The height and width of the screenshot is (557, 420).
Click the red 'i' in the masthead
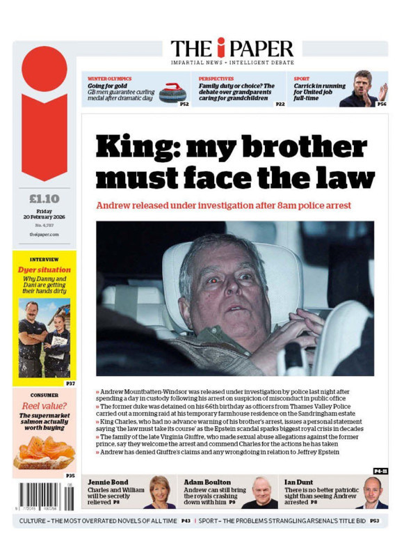click(220, 48)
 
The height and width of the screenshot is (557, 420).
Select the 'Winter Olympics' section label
click(109, 79)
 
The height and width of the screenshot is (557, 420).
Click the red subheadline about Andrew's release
click(223, 205)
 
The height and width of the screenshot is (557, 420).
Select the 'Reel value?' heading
click(44, 406)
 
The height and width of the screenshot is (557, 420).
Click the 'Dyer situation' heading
click(45, 269)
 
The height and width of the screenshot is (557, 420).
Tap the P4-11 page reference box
click(380, 471)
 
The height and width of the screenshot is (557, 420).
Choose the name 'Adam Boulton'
click(208, 481)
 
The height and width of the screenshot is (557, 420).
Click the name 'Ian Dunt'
click(300, 481)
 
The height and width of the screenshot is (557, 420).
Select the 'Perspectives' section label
click(216, 79)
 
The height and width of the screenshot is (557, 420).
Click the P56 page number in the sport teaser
click(382, 104)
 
